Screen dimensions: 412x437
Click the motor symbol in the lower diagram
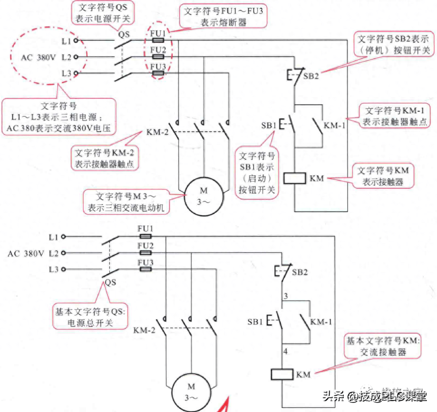pos(191,391)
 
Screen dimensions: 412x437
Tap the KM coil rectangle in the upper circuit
pos(294,179)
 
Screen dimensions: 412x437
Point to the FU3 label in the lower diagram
pos(145,262)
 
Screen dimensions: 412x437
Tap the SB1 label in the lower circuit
pos(255,321)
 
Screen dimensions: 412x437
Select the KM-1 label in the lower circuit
pos(321,321)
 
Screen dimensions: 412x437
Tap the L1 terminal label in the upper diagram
pos(66,41)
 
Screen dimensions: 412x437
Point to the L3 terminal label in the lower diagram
pos(53,269)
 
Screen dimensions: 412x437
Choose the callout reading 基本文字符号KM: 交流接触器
pos(382,346)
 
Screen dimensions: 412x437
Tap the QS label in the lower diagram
pos(111,283)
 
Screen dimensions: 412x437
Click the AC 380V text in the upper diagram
pos(39,57)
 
